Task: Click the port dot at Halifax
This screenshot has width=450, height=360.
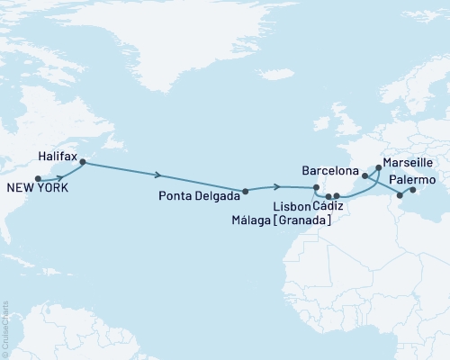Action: [x=82, y=163]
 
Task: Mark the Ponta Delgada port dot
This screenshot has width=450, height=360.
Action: [x=245, y=191]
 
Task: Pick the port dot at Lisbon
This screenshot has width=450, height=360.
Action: [x=315, y=187]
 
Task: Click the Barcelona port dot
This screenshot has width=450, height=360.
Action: [x=364, y=176]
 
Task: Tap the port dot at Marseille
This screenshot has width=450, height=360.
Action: [x=376, y=168]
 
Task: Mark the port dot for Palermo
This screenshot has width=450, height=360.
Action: [x=400, y=194]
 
